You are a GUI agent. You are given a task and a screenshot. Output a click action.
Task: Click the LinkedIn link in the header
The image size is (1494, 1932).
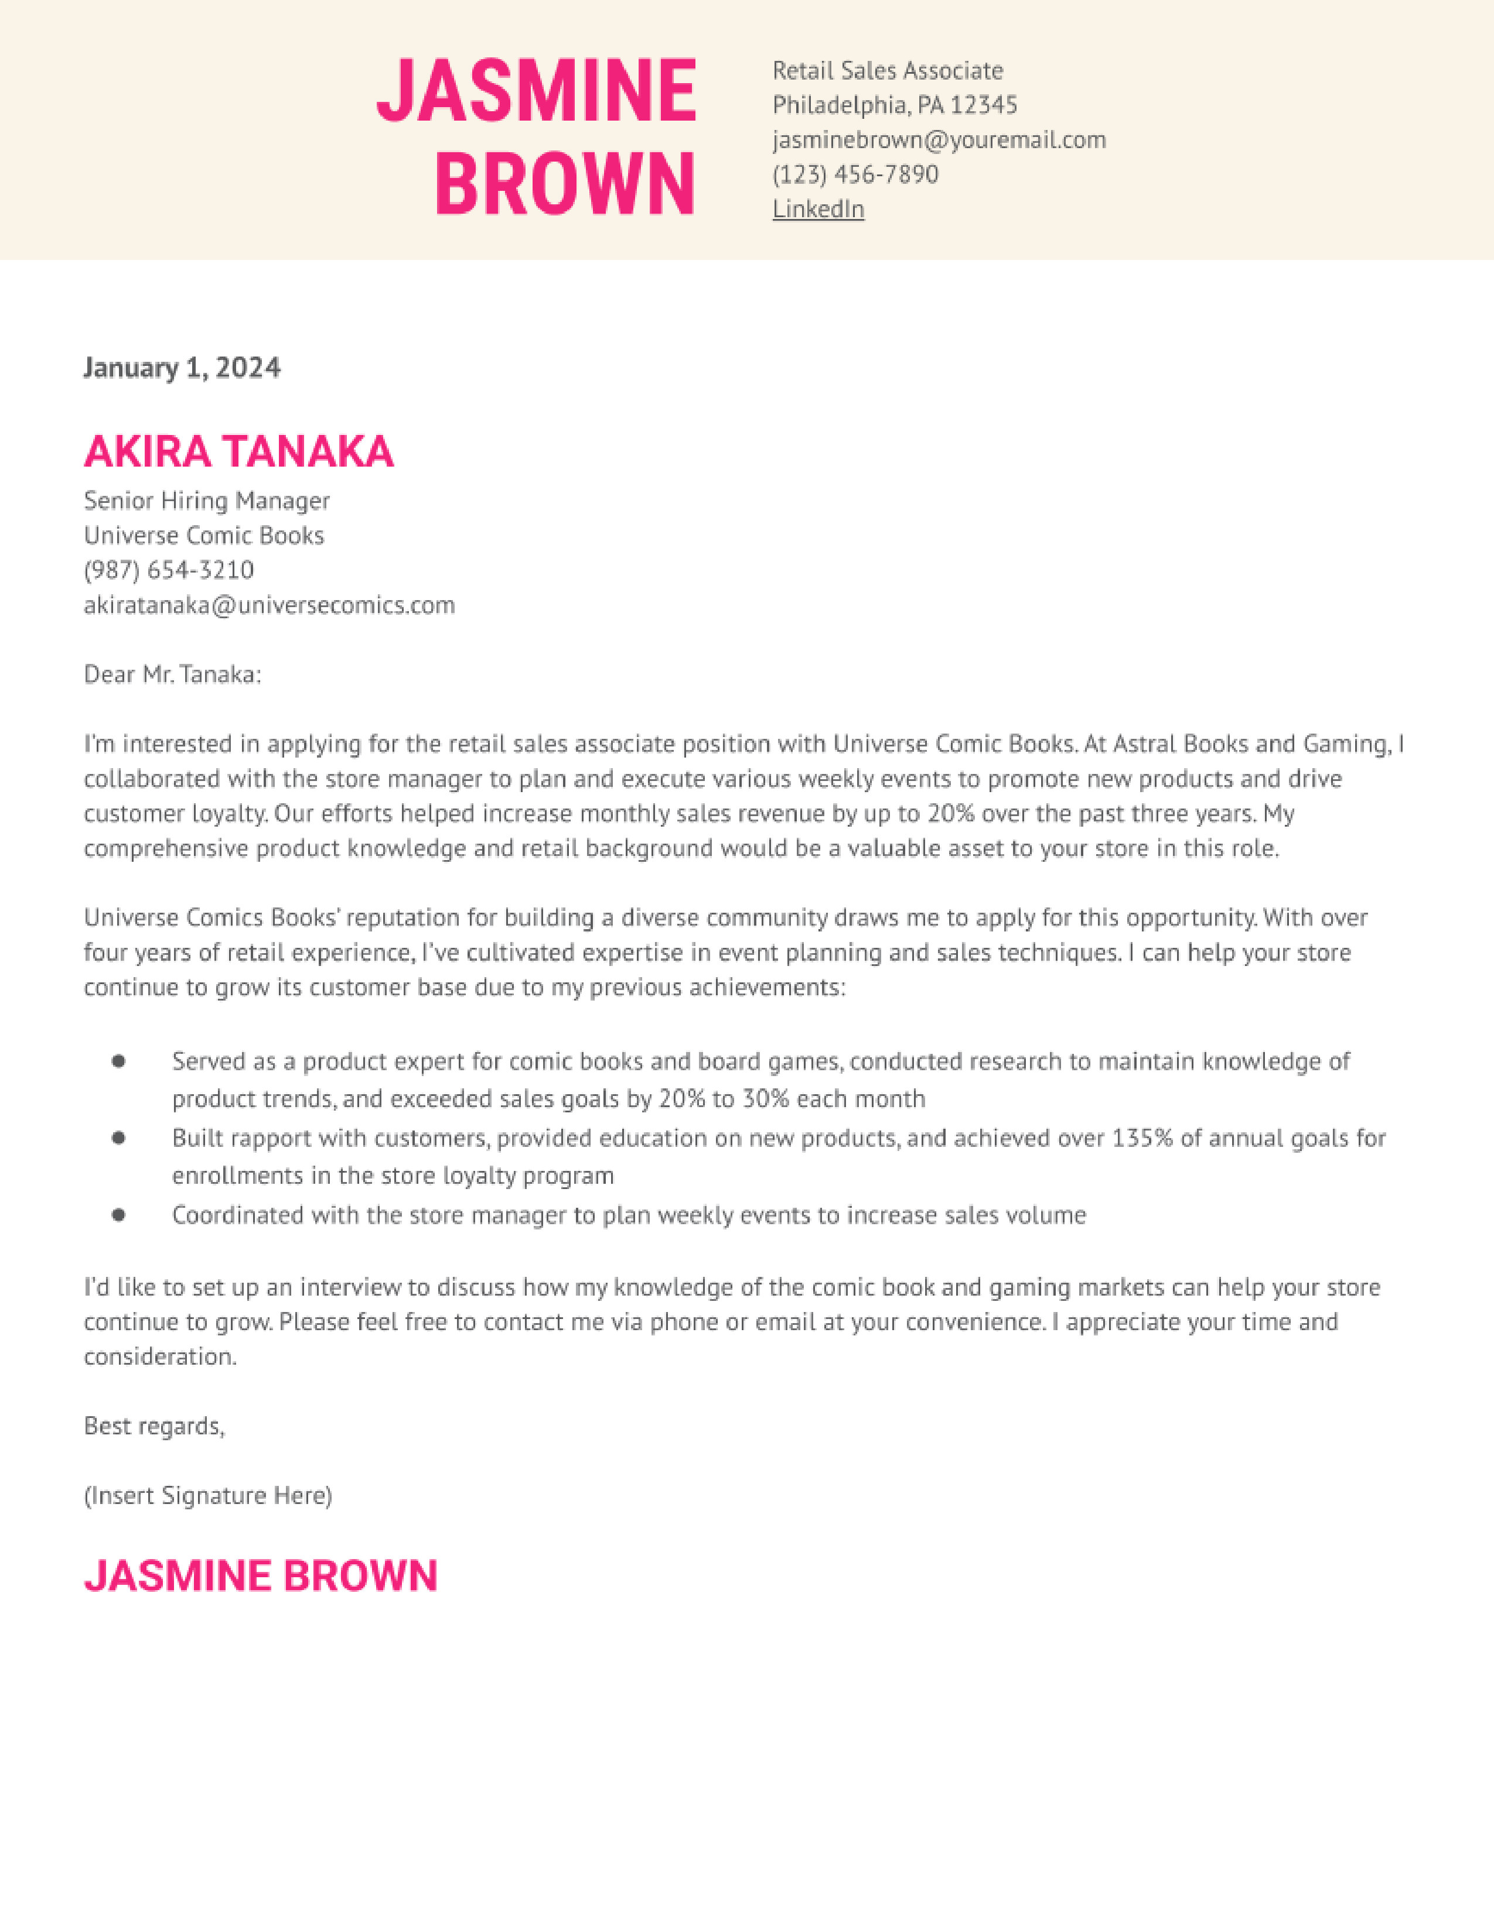click(x=818, y=209)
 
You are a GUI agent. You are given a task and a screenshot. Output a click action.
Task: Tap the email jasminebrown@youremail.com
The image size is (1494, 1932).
click(x=938, y=140)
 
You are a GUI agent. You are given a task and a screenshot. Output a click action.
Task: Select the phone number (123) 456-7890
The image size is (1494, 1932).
click(x=855, y=174)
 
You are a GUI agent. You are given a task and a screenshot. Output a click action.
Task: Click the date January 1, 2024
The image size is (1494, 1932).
click(x=182, y=367)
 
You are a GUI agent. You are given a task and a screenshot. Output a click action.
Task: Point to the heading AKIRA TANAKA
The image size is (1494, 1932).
click(x=239, y=451)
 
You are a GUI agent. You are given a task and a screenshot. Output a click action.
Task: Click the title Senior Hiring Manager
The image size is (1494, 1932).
click(x=206, y=501)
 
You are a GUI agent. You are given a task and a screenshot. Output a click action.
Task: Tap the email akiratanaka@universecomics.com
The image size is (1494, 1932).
click(x=269, y=605)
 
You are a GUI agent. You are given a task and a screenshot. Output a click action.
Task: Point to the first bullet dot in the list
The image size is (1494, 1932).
click(x=118, y=1061)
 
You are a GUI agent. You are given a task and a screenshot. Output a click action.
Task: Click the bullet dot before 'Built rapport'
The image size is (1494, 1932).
click(x=118, y=1138)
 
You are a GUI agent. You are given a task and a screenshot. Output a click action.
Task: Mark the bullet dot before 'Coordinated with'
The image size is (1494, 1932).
click(x=118, y=1215)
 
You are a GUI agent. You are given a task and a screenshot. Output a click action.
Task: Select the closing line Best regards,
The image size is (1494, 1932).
click(x=154, y=1426)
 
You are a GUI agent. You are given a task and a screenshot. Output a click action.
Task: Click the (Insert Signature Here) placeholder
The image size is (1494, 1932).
click(x=208, y=1496)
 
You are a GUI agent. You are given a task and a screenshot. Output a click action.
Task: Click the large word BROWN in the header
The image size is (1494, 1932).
click(x=565, y=183)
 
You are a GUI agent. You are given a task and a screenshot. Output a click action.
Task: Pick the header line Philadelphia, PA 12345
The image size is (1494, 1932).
click(x=894, y=105)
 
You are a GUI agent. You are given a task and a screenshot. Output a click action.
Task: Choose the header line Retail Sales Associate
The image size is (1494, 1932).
click(x=887, y=71)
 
